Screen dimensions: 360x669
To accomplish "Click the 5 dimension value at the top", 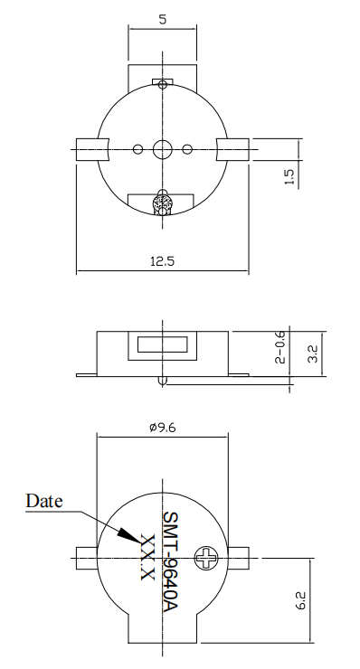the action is click(x=162, y=19).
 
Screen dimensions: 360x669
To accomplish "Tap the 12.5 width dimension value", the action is click(x=162, y=260).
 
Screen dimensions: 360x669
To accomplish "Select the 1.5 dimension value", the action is click(x=289, y=176).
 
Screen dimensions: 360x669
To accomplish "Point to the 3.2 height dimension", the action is click(x=313, y=353).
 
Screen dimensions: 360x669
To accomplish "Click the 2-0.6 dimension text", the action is click(x=280, y=347).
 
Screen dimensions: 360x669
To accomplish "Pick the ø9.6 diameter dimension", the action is click(x=162, y=427).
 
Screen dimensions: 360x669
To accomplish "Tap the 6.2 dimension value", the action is click(x=300, y=600).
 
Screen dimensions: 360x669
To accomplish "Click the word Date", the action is click(x=44, y=501).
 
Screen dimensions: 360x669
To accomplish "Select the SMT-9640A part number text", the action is click(x=170, y=562).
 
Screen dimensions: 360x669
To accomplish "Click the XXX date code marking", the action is click(x=147, y=557).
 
